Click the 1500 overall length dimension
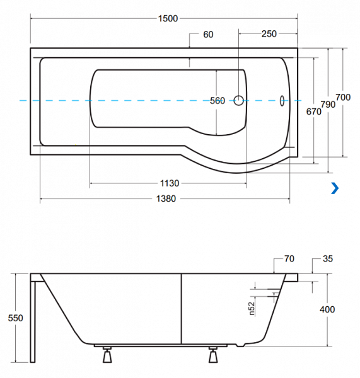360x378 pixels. [168, 18]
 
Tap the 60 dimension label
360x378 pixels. [208, 35]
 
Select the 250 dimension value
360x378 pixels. [269, 34]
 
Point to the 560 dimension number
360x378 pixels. [218, 101]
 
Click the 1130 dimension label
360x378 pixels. [170, 183]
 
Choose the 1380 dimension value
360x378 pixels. [166, 199]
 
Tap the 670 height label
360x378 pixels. [314, 112]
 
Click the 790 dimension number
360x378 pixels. [328, 105]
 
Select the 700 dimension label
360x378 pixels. [343, 98]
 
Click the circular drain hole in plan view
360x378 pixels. [238, 101]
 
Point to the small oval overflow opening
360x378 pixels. [282, 101]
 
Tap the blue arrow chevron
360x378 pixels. [335, 188]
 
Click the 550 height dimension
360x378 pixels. [15, 318]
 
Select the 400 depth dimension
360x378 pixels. [327, 309]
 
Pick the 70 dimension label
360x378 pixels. [289, 259]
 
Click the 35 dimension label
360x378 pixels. [328, 259]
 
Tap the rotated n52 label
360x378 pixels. [251, 309]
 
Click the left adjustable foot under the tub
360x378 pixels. [107, 355]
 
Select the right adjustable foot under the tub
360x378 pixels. [213, 355]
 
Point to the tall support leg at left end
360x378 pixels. [33, 321]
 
